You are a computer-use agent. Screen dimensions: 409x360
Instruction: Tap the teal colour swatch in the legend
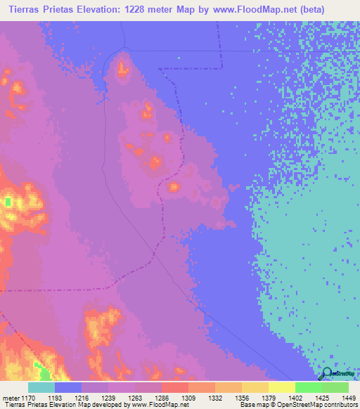41,387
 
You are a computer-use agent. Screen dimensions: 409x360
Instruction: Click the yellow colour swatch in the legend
281,387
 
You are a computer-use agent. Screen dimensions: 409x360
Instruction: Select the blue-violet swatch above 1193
68,387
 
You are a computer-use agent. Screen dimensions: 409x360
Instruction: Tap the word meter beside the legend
11,396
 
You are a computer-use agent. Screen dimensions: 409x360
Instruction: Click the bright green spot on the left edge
8,202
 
